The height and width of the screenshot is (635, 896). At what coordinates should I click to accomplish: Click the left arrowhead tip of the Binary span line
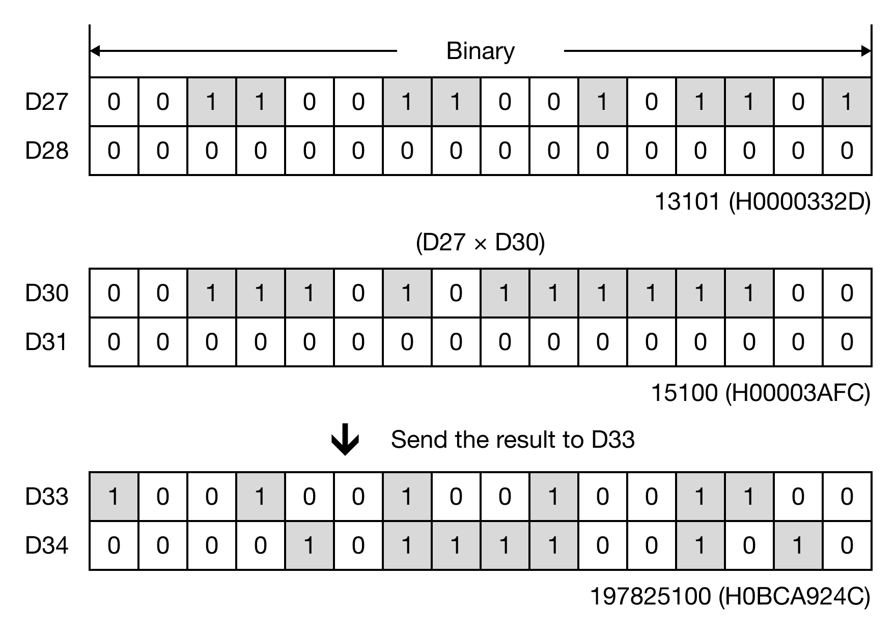[x=91, y=51]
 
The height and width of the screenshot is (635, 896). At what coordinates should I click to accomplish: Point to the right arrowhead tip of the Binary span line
[x=871, y=51]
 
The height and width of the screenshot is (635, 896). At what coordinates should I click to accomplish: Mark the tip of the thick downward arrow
[x=345, y=455]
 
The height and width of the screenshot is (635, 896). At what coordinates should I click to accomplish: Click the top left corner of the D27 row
[x=90, y=77]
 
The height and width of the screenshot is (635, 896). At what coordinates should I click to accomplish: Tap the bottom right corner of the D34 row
[x=872, y=569]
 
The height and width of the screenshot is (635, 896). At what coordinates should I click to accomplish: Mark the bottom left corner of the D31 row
[x=90, y=366]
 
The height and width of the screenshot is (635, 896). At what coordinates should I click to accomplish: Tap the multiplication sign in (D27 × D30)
[x=481, y=244]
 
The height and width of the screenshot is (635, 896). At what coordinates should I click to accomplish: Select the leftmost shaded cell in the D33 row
[x=114, y=497]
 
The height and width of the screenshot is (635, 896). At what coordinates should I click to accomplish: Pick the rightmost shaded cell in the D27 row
[x=847, y=102]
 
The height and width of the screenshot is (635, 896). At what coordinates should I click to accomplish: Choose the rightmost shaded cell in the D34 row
[x=798, y=545]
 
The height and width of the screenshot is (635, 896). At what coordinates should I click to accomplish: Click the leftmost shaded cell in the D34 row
[x=310, y=545]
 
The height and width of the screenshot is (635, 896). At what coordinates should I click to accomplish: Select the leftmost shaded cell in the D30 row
[x=212, y=293]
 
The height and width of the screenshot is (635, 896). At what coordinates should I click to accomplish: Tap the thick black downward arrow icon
[x=345, y=439]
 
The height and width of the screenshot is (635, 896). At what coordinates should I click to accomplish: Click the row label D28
[x=46, y=151]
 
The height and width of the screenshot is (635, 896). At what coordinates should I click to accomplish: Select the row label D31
[x=46, y=342]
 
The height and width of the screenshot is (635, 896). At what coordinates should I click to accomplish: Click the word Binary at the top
[x=481, y=51]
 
